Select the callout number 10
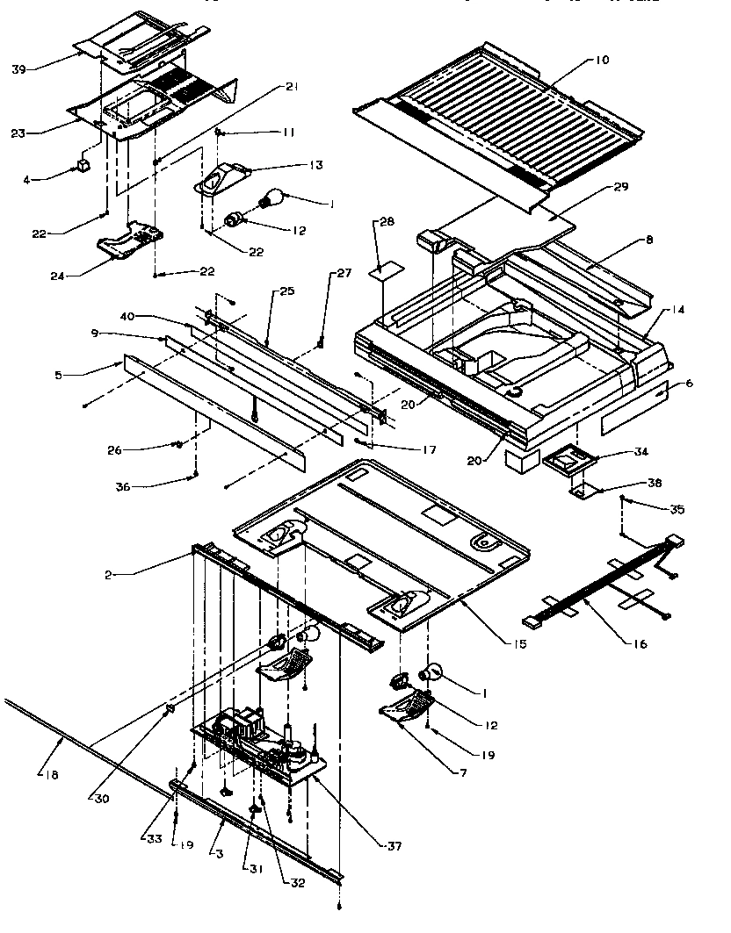[x=601, y=60]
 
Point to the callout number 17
[x=428, y=450]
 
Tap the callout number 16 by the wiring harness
[x=639, y=644]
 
